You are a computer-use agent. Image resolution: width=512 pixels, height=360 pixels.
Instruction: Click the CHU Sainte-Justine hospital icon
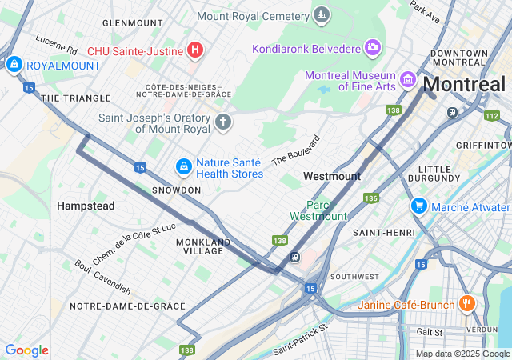click(x=194, y=51)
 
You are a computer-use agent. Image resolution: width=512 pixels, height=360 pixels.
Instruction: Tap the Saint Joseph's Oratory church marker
click(x=222, y=122)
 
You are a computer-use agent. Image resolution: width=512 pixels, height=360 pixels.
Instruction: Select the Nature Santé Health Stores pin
click(x=184, y=166)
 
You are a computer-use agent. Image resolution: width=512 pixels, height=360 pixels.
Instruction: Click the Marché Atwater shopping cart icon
click(x=418, y=206)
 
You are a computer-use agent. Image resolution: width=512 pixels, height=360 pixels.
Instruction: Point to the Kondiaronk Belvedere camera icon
click(x=372, y=48)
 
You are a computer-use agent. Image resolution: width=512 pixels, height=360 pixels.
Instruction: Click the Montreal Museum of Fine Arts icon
click(x=407, y=80)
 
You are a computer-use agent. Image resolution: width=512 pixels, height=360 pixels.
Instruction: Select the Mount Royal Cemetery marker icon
click(x=321, y=15)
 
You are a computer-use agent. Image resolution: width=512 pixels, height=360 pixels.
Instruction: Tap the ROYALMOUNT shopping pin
click(x=13, y=64)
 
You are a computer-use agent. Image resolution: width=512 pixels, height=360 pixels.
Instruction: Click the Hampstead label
click(x=86, y=206)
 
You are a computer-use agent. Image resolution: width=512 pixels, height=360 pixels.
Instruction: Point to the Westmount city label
click(x=332, y=176)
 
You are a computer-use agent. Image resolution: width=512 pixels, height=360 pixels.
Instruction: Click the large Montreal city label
click(x=464, y=84)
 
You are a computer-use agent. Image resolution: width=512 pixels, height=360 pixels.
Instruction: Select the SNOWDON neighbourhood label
click(x=177, y=190)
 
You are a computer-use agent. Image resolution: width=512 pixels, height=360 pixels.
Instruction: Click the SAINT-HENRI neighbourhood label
click(x=384, y=232)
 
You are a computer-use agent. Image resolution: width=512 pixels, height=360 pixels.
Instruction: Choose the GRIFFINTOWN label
click(x=483, y=145)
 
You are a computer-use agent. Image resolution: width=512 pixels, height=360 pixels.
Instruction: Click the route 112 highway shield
click(x=490, y=116)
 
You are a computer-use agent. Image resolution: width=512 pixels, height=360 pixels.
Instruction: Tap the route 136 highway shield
click(x=370, y=198)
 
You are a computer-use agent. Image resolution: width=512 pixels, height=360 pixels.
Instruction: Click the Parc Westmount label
click(x=318, y=210)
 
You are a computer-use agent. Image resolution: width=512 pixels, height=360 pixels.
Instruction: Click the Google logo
click(x=26, y=350)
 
